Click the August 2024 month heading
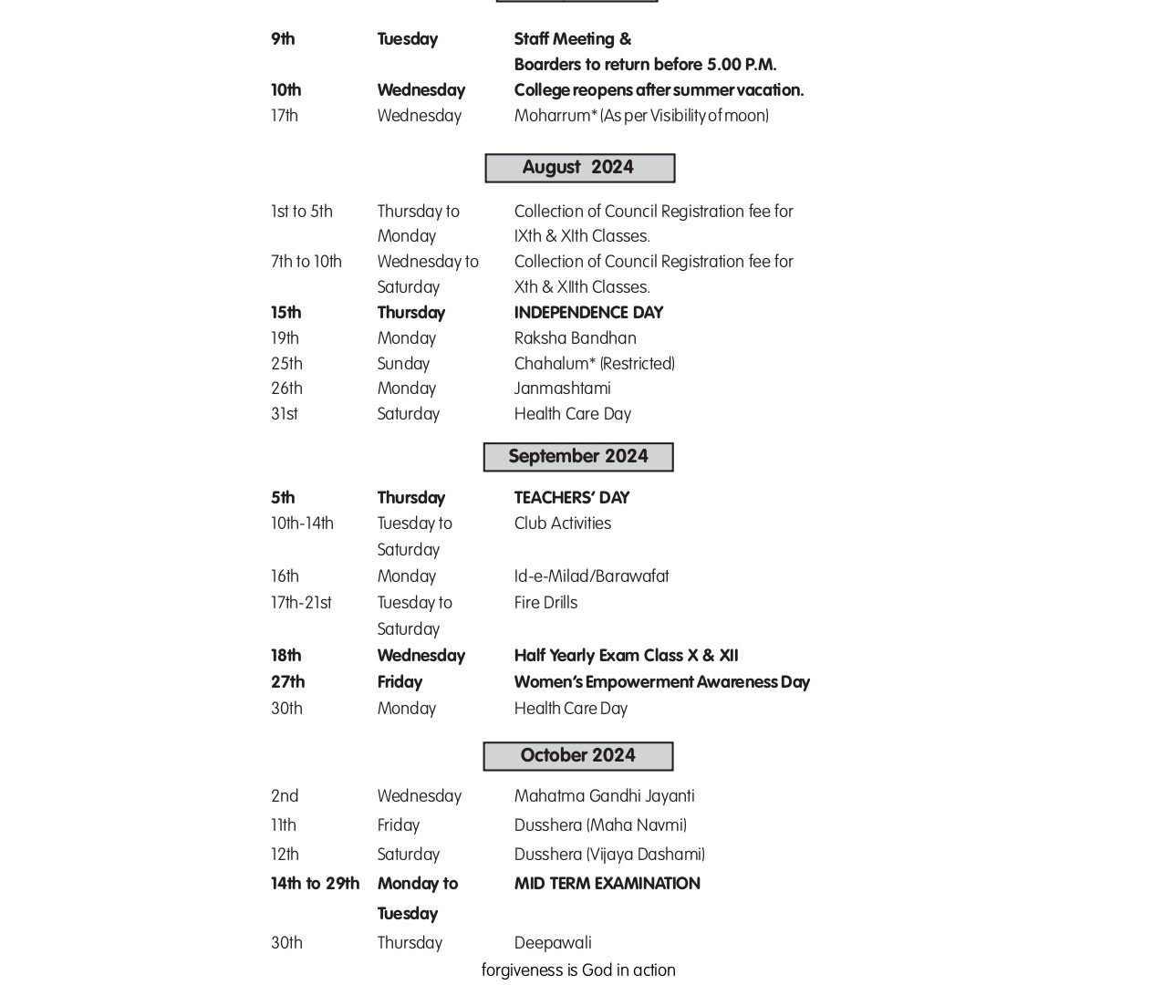coord(578,168)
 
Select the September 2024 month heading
coord(578,457)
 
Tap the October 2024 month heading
coord(578,756)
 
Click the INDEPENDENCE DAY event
coord(588,313)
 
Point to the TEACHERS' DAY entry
coord(572,498)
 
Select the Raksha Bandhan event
coord(575,338)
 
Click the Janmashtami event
coord(562,389)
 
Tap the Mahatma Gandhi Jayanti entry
coord(604,796)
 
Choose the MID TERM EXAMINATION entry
coord(607,884)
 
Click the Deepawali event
coord(553,943)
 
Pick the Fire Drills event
coord(545,603)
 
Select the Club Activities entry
coord(562,524)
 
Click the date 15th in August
coord(286,313)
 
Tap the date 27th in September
coord(287,682)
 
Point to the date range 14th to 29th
coord(315,884)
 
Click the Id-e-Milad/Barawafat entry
coord(591,576)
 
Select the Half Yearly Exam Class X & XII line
coord(626,656)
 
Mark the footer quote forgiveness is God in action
coord(578,970)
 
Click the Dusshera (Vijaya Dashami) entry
coord(609,855)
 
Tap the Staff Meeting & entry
coord(572,39)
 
